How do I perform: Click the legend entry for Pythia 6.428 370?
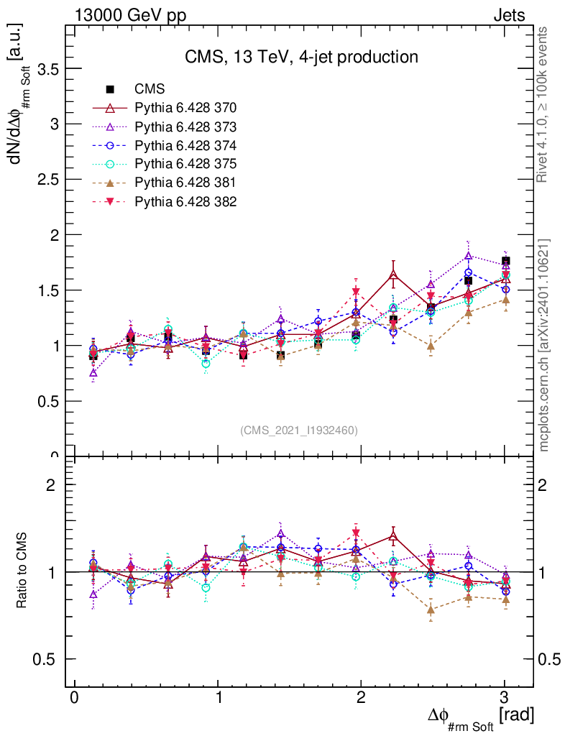click(185, 108)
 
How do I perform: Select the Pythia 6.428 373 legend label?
click(185, 126)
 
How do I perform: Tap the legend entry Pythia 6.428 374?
click(185, 145)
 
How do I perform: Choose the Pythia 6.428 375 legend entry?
click(185, 164)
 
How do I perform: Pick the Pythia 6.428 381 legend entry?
click(185, 183)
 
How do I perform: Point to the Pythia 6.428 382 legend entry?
click(185, 201)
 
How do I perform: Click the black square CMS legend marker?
click(111, 89)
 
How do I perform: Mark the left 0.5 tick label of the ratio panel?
click(47, 659)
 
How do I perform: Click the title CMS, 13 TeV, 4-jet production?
click(301, 57)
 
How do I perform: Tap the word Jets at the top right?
click(508, 15)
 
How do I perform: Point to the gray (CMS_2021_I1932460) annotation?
click(299, 430)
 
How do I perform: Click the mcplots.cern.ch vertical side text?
click(545, 345)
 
